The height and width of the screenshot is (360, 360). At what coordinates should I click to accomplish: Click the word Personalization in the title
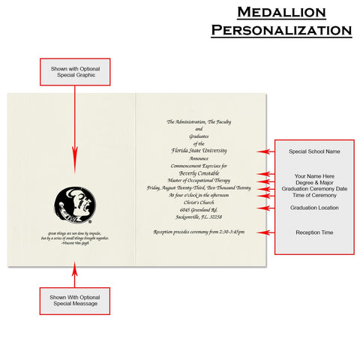[x=281, y=31]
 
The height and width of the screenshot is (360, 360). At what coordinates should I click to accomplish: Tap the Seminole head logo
[x=73, y=204]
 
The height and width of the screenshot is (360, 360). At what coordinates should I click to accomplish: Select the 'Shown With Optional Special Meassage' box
[x=74, y=301]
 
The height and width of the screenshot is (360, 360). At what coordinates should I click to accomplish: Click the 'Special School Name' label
[x=314, y=151]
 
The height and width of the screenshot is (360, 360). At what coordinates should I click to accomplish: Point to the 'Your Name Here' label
[x=314, y=175]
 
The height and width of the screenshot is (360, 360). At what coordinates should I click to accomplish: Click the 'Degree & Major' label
[x=314, y=182]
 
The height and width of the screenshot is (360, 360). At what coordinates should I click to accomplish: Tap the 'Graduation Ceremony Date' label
[x=314, y=189]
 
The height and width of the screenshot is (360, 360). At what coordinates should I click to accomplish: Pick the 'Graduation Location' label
[x=314, y=208]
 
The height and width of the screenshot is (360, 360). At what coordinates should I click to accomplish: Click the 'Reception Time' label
[x=314, y=232]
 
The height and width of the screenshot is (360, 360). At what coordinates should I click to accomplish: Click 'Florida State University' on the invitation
[x=198, y=151]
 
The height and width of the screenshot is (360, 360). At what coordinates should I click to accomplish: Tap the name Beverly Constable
[x=198, y=172]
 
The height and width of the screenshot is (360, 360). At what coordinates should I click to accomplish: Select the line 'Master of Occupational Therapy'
[x=198, y=180]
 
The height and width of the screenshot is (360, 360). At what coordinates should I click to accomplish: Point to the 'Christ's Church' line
[x=198, y=202]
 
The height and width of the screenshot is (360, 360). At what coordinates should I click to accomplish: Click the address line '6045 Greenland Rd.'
[x=198, y=209]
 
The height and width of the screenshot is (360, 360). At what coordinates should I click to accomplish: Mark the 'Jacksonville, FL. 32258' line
[x=198, y=216]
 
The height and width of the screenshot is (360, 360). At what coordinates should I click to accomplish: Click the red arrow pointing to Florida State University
[x=263, y=151]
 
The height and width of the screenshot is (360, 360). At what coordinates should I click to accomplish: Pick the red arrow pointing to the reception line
[x=263, y=232]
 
